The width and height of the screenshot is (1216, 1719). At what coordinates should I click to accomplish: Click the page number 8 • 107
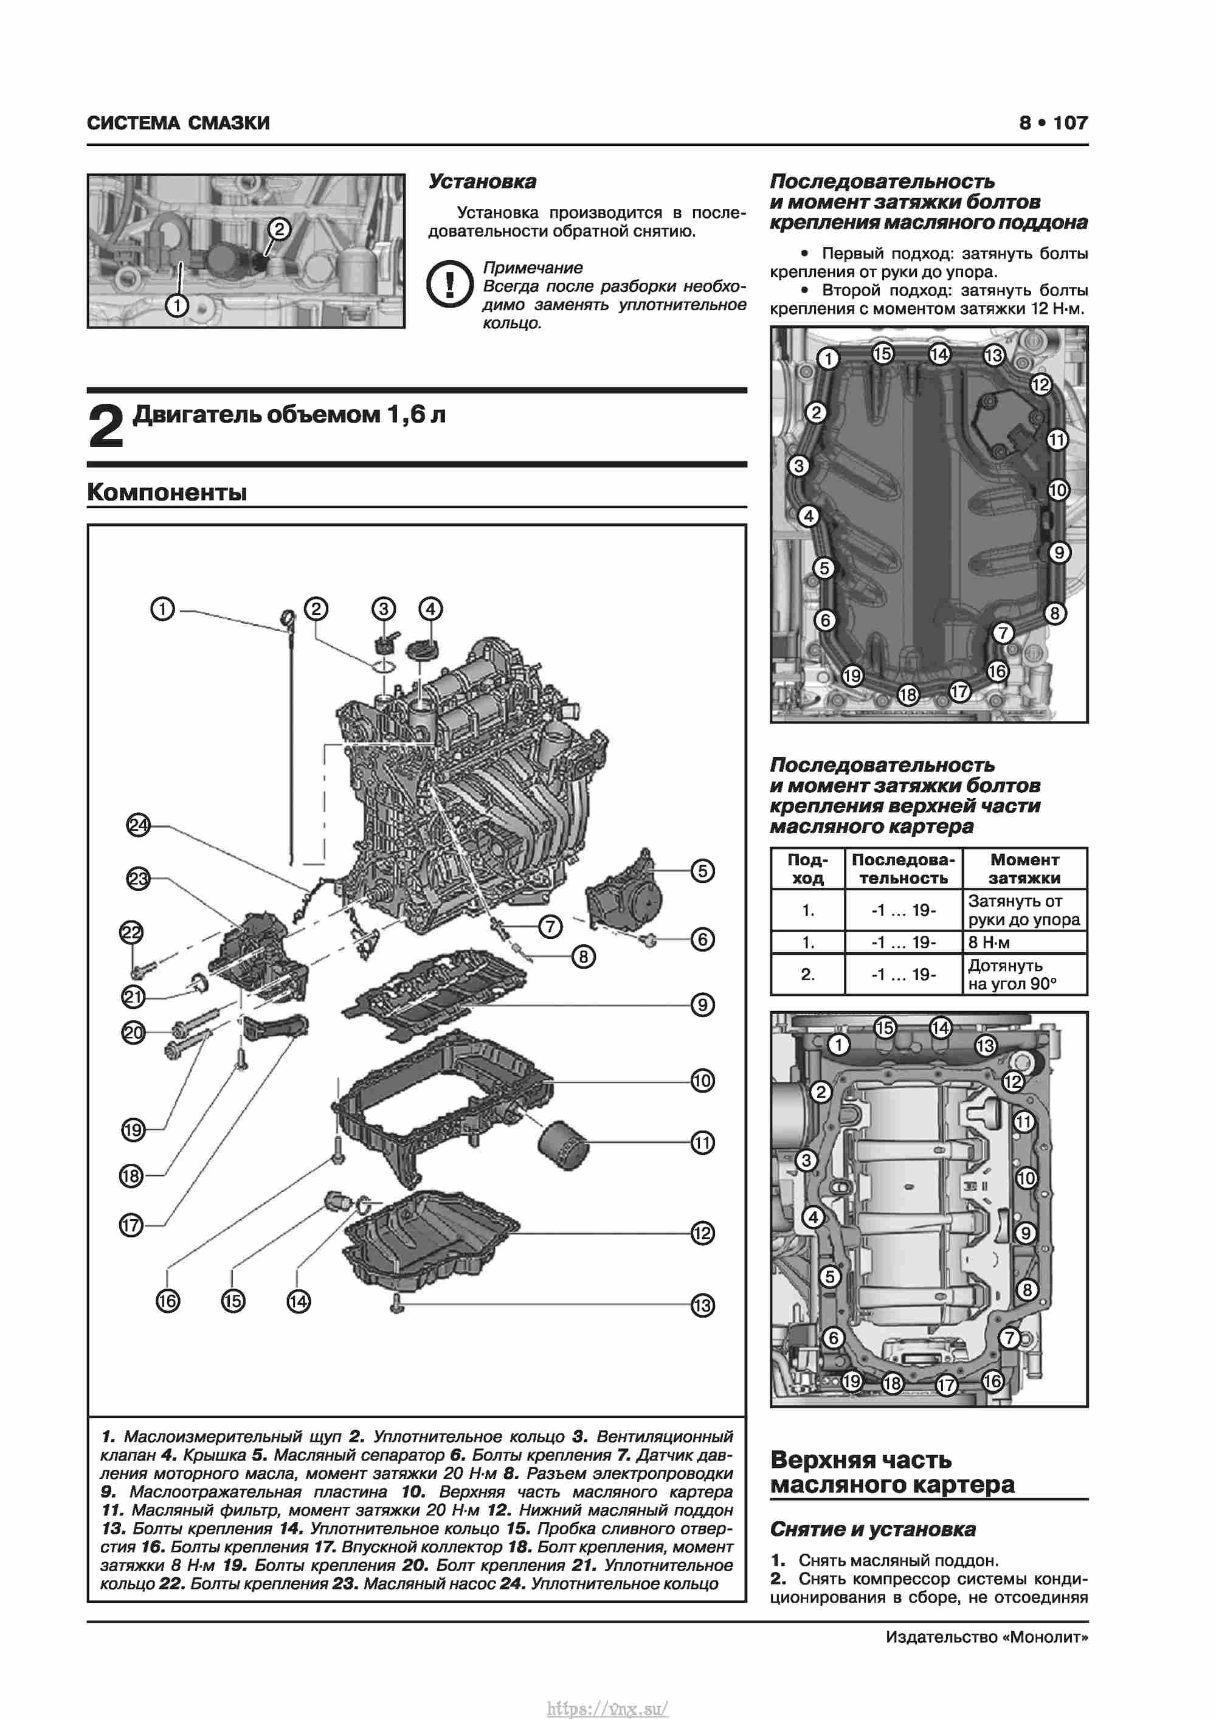click(1053, 123)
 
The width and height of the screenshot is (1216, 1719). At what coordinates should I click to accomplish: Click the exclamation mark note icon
click(449, 285)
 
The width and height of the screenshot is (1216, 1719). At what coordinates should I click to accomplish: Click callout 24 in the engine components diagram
click(139, 825)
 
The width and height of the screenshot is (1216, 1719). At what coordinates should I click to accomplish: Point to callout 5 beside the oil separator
click(702, 871)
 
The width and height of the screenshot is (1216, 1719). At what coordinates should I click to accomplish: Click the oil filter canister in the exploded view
click(563, 1143)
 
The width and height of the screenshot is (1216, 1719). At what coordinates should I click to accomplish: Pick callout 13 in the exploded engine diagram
click(702, 1306)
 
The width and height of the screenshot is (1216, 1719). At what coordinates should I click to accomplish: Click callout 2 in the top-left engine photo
click(278, 229)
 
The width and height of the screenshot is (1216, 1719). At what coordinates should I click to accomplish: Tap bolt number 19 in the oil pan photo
click(852, 676)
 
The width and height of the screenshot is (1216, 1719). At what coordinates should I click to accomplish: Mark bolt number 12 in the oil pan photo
click(1041, 385)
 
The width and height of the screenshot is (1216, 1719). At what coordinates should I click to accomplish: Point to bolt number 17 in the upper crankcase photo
click(947, 1385)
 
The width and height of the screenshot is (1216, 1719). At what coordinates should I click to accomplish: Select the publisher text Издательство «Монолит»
click(987, 1637)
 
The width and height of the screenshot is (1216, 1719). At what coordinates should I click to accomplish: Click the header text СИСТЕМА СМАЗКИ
click(178, 123)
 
